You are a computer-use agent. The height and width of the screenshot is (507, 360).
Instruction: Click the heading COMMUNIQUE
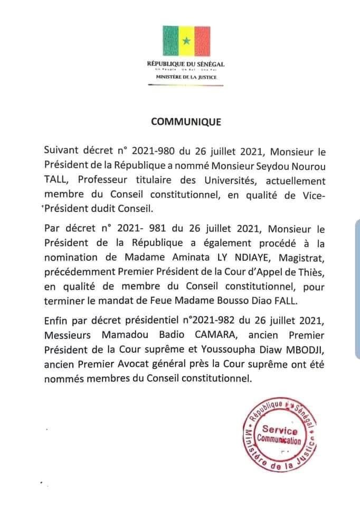[186, 121]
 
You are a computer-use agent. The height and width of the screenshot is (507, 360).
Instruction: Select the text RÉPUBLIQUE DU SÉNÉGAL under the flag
[186, 64]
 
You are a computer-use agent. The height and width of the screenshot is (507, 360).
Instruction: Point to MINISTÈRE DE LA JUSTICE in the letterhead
[186, 77]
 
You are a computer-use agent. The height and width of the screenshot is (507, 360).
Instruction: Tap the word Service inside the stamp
[279, 432]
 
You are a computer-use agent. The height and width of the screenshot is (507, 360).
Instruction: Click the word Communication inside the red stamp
[279, 440]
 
